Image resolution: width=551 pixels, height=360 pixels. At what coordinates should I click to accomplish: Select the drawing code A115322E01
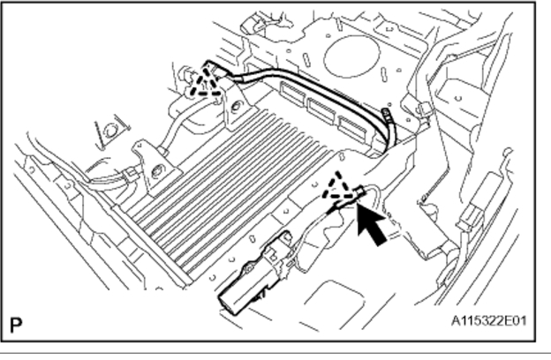pyautogui.click(x=487, y=319)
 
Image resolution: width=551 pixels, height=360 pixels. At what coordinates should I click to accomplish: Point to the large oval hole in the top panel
pyautogui.click(x=351, y=55)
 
